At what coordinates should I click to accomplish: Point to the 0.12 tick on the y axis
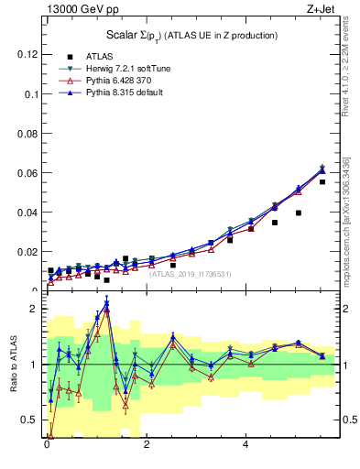click(x=28, y=54)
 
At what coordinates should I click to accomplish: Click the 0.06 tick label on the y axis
click(x=28, y=173)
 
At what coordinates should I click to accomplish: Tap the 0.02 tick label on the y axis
click(x=28, y=252)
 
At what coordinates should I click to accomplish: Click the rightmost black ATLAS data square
click(x=322, y=182)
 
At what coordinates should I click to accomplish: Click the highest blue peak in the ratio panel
click(x=107, y=303)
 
